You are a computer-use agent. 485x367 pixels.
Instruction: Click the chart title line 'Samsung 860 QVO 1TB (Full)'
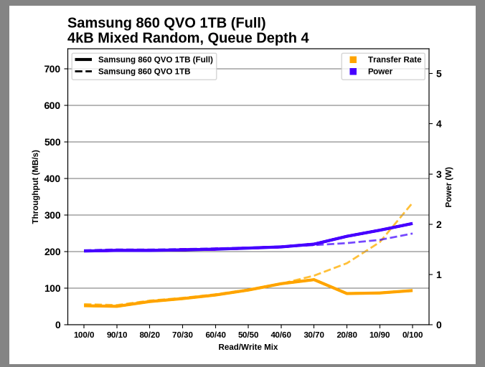coord(166,23)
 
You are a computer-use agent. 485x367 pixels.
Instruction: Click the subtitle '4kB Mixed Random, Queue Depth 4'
coord(188,38)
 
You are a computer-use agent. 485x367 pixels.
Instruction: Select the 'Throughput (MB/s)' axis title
coord(35,187)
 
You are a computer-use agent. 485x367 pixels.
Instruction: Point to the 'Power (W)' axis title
coord(448,187)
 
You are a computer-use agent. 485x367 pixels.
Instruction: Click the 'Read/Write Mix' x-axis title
coord(248,347)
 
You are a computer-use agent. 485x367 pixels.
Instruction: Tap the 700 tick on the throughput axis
coord(52,69)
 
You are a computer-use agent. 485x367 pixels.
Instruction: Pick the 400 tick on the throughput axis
coord(52,178)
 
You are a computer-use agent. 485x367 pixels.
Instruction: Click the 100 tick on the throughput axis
coord(52,288)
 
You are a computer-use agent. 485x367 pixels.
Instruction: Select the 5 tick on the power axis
coord(438,74)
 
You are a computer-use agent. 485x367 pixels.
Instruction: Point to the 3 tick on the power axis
coord(438,174)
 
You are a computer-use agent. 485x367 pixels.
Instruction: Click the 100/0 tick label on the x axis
coord(84,335)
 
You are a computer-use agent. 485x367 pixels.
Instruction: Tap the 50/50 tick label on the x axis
coord(248,335)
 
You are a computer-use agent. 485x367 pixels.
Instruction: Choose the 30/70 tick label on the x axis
coord(314,335)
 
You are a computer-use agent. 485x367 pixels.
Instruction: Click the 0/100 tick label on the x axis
coord(412,335)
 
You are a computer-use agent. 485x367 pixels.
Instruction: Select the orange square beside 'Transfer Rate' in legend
coord(353,59)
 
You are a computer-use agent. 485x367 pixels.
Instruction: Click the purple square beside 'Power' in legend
coord(353,72)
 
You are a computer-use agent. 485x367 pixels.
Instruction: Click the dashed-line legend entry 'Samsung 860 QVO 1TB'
coord(144,72)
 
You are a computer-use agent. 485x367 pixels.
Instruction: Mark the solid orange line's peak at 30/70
coord(314,280)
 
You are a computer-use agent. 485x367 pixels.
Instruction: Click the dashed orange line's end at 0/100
coord(412,204)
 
